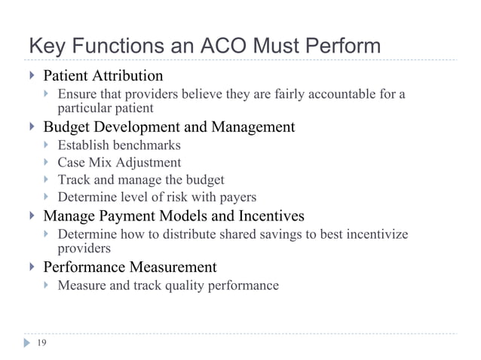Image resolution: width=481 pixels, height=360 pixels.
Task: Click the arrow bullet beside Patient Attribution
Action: point(32,76)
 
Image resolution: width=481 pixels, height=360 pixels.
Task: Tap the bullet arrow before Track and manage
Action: point(47,181)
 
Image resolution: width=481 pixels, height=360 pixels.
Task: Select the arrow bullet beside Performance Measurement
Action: point(32,267)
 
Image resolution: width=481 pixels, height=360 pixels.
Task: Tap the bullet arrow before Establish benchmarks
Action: point(47,145)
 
